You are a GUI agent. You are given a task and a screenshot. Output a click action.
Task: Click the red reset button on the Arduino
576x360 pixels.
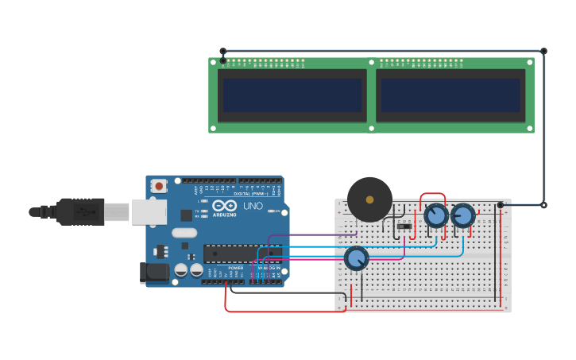(x=159, y=186)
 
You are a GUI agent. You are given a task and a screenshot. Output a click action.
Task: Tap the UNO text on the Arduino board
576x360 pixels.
(x=253, y=206)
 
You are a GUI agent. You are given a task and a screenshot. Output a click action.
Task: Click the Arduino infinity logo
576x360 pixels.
(x=224, y=207)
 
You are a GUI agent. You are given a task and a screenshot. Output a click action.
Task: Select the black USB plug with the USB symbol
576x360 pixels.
(x=80, y=212)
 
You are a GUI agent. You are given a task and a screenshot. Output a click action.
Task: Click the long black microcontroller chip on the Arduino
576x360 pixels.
(x=238, y=254)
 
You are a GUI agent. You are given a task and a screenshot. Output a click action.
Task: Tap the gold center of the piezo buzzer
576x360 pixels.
(x=369, y=199)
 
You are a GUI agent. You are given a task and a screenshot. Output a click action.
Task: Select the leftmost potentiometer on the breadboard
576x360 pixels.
(x=357, y=258)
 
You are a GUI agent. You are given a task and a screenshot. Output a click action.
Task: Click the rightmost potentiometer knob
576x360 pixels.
(x=462, y=215)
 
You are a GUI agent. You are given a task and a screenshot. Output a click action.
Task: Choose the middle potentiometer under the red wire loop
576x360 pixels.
(x=435, y=215)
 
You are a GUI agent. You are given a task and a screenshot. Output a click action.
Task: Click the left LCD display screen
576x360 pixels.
(x=292, y=95)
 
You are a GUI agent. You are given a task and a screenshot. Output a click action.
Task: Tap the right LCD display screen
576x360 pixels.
(x=450, y=95)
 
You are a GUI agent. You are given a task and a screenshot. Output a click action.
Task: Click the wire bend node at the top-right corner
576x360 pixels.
(x=543, y=51)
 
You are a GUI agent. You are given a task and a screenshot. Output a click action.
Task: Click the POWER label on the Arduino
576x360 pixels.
(x=236, y=268)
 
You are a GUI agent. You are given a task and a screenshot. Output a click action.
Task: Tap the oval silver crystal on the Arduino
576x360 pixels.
(x=183, y=233)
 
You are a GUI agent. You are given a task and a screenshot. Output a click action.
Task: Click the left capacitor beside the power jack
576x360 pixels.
(x=181, y=270)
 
